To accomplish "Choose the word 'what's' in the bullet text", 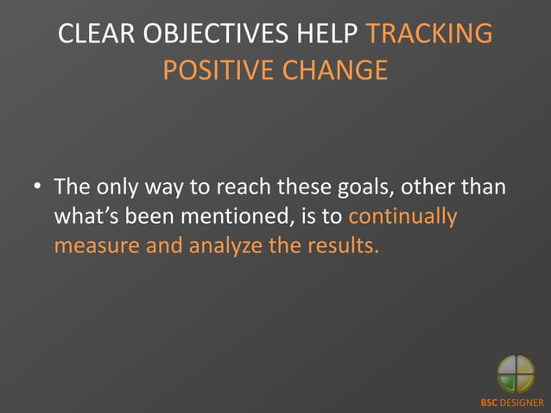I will click(89, 216).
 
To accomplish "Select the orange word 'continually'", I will click(402, 216).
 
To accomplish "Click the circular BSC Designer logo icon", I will click(516, 375).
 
